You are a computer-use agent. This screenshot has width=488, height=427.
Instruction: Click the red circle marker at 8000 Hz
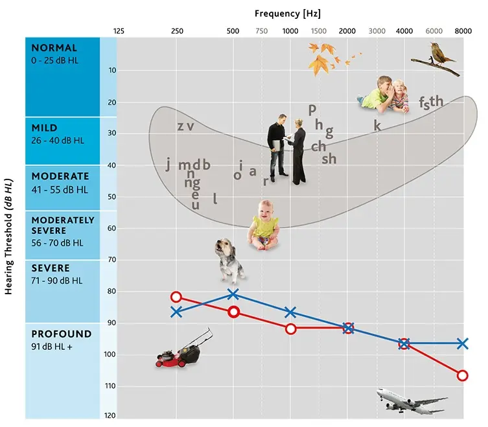[462, 375]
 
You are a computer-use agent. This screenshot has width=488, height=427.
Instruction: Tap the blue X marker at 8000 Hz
[462, 343]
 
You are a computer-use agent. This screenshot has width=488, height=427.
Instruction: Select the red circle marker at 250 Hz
[176, 297]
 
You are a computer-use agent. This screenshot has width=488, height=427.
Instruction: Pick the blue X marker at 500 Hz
[233, 295]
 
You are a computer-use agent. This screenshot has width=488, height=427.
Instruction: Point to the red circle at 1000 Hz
[290, 329]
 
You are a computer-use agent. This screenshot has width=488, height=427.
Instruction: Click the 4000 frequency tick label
[404, 30]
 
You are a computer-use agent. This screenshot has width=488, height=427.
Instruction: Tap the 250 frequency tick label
[176, 30]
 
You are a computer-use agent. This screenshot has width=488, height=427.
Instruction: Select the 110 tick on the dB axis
[111, 386]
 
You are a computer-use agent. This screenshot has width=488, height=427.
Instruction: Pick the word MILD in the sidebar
[45, 128]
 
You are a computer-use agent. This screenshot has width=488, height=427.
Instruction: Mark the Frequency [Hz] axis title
[288, 13]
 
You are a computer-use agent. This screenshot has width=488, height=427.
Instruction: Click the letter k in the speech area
[377, 126]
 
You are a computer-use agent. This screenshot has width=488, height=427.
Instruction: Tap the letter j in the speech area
[168, 165]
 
